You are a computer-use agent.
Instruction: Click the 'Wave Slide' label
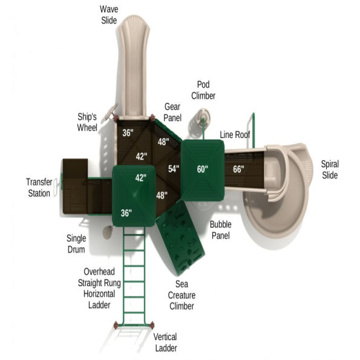click(x=110, y=14)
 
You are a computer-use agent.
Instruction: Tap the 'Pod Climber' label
click(x=203, y=90)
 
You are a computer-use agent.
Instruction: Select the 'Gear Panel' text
click(x=172, y=111)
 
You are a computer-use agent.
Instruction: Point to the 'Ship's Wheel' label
click(x=87, y=122)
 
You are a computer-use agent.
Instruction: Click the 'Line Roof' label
click(x=235, y=134)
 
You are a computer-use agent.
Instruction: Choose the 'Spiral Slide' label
click(x=330, y=169)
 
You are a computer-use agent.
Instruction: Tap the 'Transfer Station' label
click(x=38, y=188)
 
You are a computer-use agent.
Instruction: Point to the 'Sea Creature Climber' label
click(x=181, y=295)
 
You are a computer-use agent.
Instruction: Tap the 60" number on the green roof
click(x=202, y=169)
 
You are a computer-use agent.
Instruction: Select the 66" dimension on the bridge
click(x=238, y=169)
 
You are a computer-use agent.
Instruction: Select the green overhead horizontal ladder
click(x=133, y=272)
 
